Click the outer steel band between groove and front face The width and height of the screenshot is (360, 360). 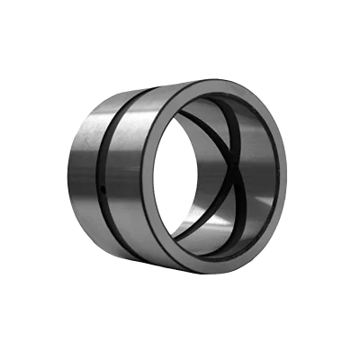tap(130, 180)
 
